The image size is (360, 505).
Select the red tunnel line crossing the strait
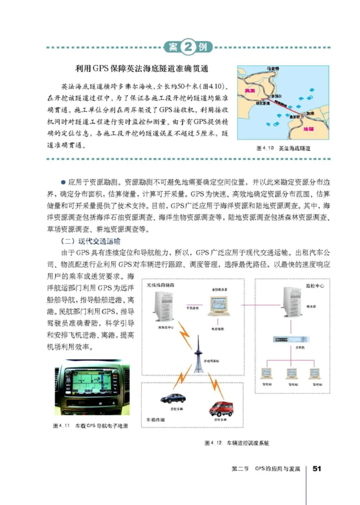[288, 107]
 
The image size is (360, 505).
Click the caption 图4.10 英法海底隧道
[283, 148]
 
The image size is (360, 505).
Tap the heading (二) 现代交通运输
[87, 241]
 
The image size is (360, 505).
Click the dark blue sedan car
[173, 398]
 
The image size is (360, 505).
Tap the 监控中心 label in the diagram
[314, 286]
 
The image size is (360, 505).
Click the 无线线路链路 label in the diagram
[161, 286]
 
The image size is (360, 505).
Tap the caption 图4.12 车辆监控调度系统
[237, 443]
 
